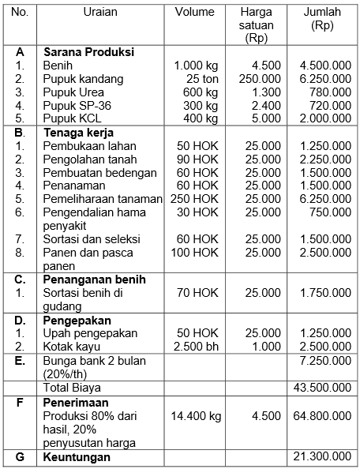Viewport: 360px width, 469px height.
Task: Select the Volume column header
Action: click(x=194, y=12)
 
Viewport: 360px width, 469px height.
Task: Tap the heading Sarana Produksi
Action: click(x=88, y=52)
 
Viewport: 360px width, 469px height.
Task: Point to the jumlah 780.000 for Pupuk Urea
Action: click(x=330, y=92)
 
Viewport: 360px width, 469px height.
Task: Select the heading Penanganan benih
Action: click(x=94, y=280)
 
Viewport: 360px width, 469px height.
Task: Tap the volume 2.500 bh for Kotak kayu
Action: click(x=196, y=347)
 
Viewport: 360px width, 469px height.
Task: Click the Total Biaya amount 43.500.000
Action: click(x=323, y=388)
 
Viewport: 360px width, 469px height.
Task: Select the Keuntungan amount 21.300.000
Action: click(x=323, y=457)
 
